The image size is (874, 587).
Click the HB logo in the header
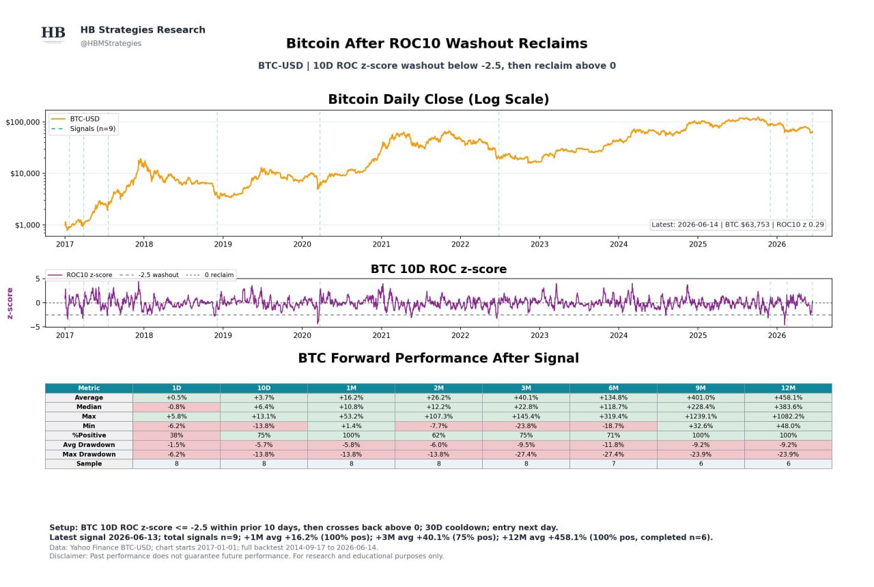[x=53, y=33]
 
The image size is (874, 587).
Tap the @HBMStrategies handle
[x=111, y=43]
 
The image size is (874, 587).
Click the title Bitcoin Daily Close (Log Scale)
[x=438, y=99]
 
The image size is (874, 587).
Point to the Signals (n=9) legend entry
[x=83, y=129]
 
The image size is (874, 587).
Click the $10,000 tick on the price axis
[x=25, y=173]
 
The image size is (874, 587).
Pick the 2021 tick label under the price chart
[x=381, y=244]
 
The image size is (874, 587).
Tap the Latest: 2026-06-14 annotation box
[x=737, y=225]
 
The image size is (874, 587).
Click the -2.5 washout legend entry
[x=149, y=275]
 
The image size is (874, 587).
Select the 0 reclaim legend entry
[x=210, y=275]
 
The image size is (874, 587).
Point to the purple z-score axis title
[x=10, y=303]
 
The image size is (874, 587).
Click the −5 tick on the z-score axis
[x=35, y=327]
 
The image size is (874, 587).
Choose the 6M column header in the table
[x=613, y=388]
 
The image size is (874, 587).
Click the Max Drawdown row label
[x=89, y=455]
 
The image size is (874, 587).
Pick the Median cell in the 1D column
[x=176, y=407]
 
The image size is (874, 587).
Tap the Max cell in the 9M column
[x=701, y=416]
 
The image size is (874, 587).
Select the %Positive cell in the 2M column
[x=438, y=435]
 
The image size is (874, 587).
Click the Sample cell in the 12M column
[x=788, y=463]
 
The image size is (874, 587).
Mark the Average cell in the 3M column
[x=526, y=397]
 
